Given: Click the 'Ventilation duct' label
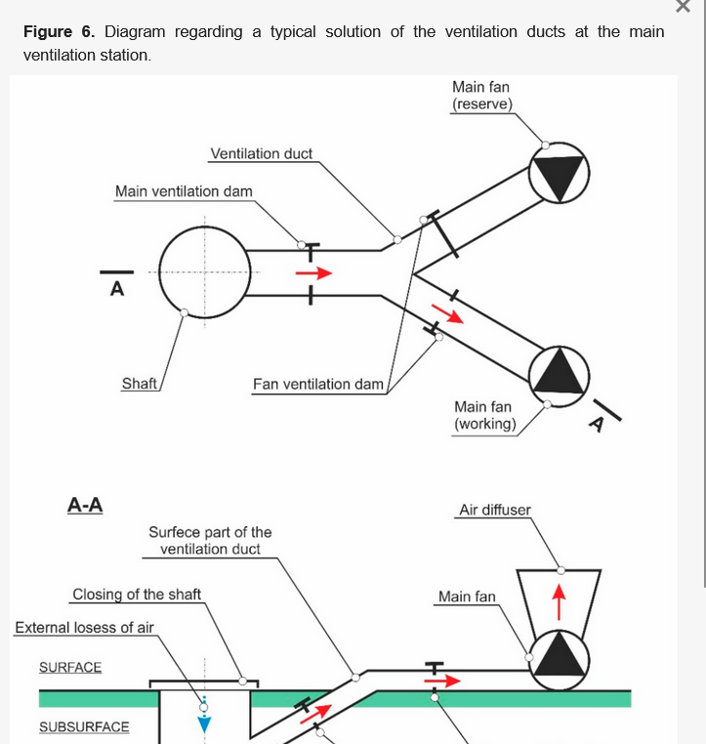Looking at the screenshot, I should [261, 154].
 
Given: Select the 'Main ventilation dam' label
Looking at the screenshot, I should [184, 191].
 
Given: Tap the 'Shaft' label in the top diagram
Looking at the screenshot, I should [140, 384].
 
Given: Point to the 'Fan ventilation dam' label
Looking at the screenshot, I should [318, 385].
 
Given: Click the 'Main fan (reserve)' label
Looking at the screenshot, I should [481, 96].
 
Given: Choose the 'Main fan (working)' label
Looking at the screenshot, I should [484, 416].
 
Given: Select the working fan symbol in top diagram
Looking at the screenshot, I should [560, 372].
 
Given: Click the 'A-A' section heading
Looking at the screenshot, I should [85, 505].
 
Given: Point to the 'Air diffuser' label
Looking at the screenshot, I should [495, 510].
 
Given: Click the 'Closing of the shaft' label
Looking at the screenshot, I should [137, 595].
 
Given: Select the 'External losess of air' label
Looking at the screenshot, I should [84, 628].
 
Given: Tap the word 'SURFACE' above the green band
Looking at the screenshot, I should [70, 668].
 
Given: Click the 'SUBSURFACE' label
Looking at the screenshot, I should [84, 727].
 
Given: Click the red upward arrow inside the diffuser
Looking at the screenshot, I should [559, 600].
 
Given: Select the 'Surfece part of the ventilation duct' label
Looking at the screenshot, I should [210, 541].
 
